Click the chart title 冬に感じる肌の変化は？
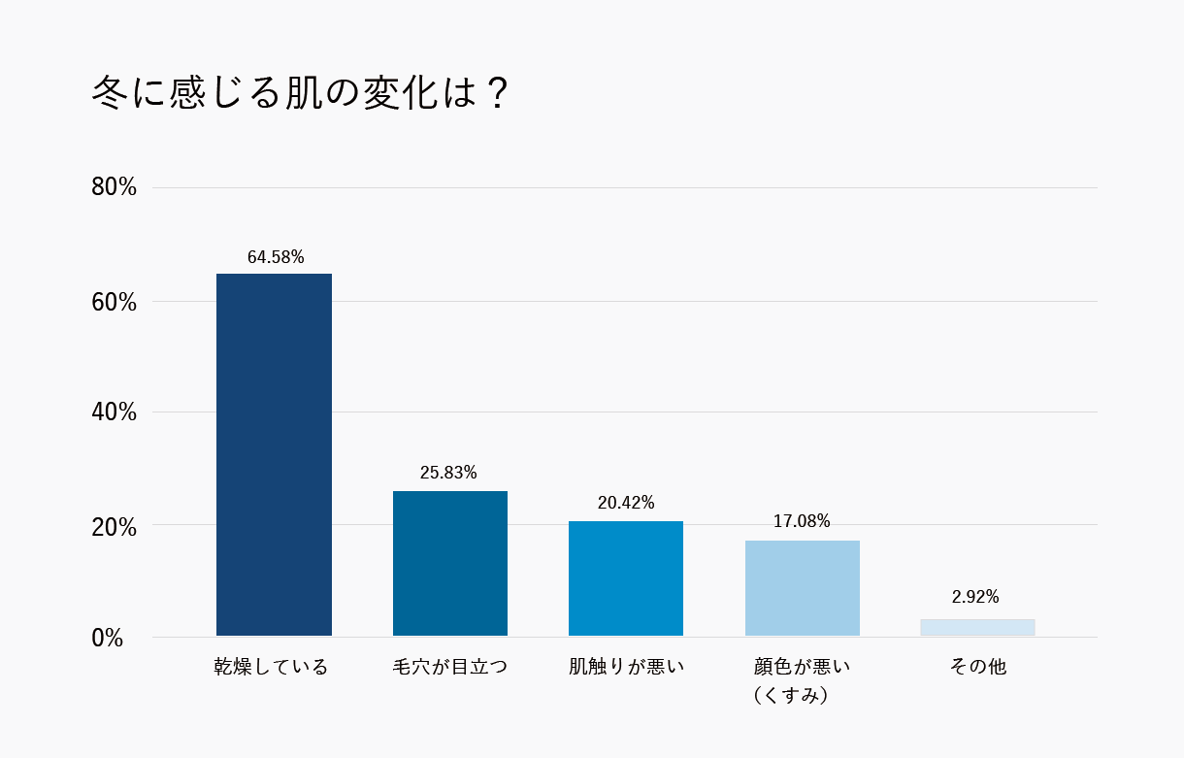[300, 94]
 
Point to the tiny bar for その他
[977, 627]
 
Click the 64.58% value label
[276, 257]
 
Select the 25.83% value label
[448, 473]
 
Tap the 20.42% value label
[626, 503]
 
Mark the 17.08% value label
[802, 521]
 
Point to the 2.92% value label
[975, 597]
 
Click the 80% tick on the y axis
[114, 187]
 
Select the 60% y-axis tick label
[114, 302]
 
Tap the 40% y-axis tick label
[114, 412]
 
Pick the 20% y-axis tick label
[114, 527]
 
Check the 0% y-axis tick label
[108, 639]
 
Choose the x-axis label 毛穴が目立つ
[449, 667]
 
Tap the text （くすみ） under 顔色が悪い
[790, 696]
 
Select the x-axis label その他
[978, 667]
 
